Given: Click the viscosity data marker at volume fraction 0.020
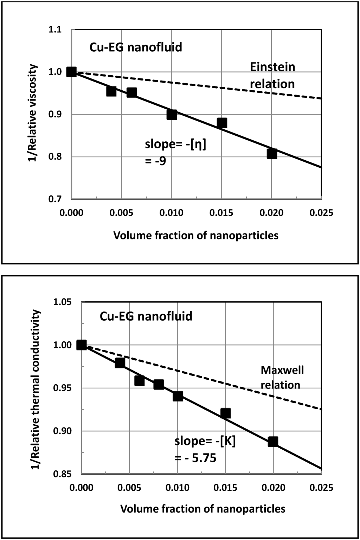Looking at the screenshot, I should pyautogui.click(x=272, y=154).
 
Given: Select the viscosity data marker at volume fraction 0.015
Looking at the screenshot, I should pyautogui.click(x=222, y=123).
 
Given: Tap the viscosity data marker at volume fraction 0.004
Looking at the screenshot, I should pyautogui.click(x=111, y=91).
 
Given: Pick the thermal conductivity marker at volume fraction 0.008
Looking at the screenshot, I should pyautogui.click(x=159, y=384).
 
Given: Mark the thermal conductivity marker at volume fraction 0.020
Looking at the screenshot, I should pyautogui.click(x=273, y=442).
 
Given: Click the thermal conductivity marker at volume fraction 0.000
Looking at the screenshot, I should pyautogui.click(x=82, y=345).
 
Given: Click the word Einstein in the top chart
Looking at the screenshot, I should pyautogui.click(x=272, y=67).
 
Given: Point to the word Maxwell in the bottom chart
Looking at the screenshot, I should pyautogui.click(x=282, y=370).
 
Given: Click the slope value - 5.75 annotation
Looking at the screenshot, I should pyautogui.click(x=195, y=458).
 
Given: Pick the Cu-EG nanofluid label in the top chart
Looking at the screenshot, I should pyautogui.click(x=136, y=47).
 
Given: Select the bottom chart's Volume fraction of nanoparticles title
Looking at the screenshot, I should pyautogui.click(x=202, y=509).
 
